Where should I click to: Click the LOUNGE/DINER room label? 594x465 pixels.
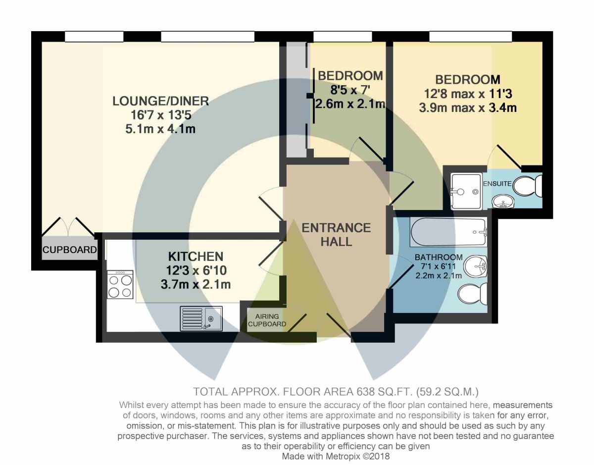161,101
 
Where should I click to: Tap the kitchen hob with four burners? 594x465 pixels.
120,285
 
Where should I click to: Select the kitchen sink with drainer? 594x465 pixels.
201,318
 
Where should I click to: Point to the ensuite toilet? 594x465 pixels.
528,186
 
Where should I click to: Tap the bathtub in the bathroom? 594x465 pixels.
448,232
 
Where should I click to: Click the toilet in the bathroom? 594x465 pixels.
473,294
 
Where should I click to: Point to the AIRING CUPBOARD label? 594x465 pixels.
267,320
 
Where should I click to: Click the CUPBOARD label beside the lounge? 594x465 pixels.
70,250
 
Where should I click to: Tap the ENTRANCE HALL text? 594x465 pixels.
336,235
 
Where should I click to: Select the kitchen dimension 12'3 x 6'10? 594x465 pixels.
197,271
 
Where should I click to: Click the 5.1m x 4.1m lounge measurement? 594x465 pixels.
160,129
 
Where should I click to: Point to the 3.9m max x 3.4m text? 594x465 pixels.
468,107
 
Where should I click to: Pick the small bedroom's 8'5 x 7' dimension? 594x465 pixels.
350,90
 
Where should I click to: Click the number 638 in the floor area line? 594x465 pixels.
365,392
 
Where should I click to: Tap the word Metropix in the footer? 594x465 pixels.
343,456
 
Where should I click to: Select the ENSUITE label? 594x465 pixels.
497,184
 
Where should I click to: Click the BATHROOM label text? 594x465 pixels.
439,257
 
